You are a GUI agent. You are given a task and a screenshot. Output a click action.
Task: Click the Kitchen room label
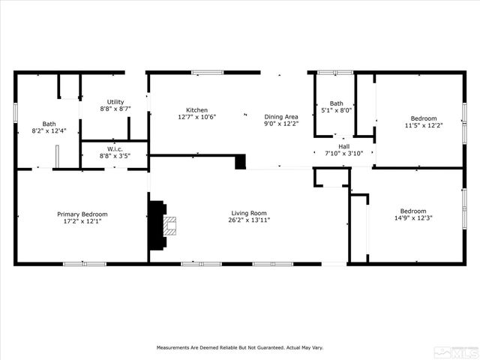197,110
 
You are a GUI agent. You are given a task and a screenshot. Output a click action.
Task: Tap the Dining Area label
281,116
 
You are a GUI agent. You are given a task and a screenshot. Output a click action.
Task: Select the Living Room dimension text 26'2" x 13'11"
249,220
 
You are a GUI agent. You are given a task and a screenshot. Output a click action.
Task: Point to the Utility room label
115,102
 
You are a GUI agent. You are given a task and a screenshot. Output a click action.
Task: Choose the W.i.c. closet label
115,148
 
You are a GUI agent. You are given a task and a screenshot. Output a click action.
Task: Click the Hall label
343,146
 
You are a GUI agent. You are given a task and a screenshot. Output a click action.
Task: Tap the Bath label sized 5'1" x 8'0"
336,103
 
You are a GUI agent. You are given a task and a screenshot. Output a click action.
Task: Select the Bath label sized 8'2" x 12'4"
49,124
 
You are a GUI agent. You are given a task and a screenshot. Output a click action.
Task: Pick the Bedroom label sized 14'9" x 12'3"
412,211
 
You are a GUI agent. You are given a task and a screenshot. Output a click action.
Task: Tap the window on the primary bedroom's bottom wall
84,263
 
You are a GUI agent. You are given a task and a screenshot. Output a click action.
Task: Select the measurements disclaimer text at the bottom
239,348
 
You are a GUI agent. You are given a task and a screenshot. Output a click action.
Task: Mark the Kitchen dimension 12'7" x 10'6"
197,118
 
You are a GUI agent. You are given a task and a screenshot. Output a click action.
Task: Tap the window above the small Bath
335,73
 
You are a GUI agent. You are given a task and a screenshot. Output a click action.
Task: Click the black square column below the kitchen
240,162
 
